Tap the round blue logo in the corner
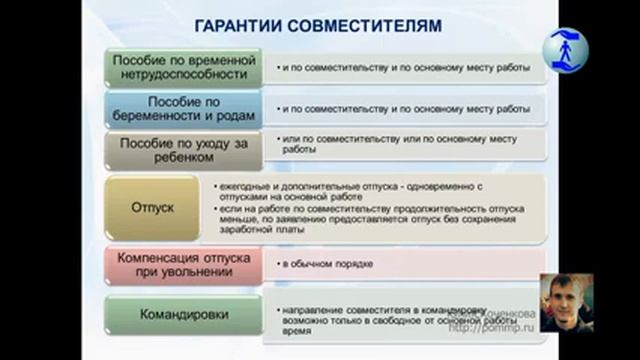(x=566, y=48)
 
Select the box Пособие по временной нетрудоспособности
(x=184, y=67)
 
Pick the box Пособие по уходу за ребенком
(x=184, y=149)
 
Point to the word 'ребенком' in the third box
(x=184, y=157)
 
